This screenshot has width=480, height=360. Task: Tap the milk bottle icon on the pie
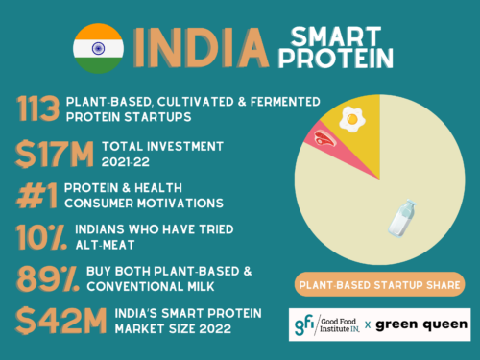tap(399, 219)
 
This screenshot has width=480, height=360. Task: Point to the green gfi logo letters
tap(306, 324)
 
